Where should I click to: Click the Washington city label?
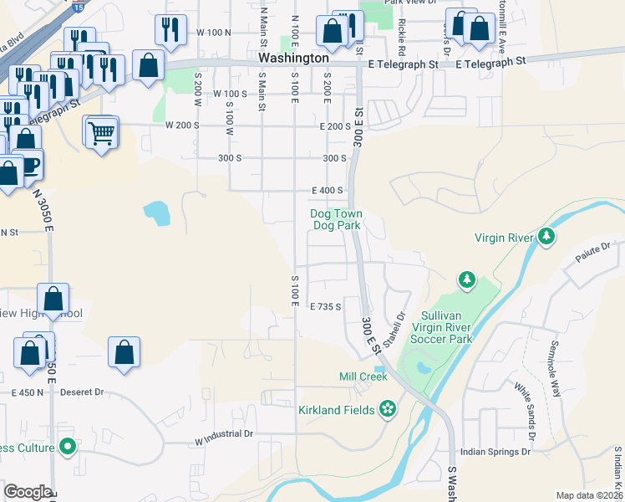click(x=293, y=59)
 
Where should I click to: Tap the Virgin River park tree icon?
click(x=546, y=237)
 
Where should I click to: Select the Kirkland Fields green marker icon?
click(x=387, y=409)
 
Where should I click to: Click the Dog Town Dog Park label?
click(x=337, y=220)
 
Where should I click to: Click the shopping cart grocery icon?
click(x=101, y=131)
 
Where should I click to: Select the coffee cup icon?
click(x=29, y=164)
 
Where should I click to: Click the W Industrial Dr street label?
click(x=224, y=434)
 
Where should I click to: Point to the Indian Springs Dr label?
click(x=495, y=451)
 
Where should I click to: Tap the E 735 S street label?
click(x=326, y=307)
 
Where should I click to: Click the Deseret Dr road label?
click(x=86, y=392)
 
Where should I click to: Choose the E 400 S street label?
click(x=328, y=191)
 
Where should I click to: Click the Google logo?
click(x=27, y=492)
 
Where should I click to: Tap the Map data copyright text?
click(x=590, y=495)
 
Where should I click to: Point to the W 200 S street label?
click(x=182, y=125)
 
